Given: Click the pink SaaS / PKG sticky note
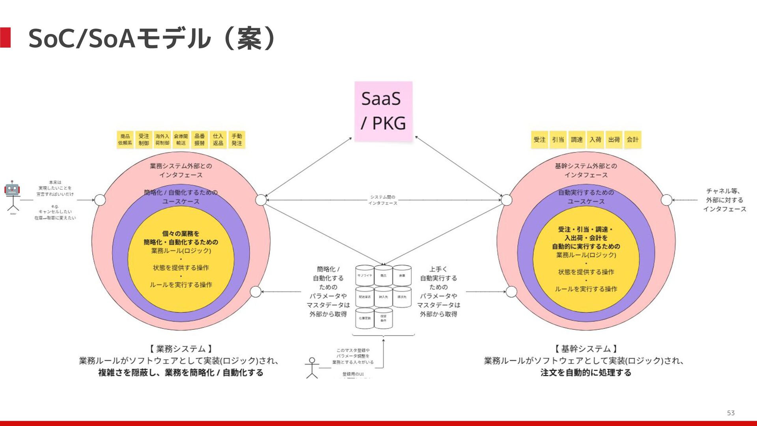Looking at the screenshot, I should [383, 111].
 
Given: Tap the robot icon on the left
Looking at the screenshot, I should [12, 190].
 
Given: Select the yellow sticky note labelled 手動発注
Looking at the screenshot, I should [237, 140].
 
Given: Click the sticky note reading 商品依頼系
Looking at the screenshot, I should [125, 140].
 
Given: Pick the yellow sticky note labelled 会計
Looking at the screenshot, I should [632, 140].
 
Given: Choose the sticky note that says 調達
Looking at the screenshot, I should [576, 140].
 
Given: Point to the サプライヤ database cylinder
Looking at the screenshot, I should [365, 275].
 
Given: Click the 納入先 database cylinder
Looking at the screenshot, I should [383, 297].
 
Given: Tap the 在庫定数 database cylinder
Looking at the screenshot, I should [365, 318].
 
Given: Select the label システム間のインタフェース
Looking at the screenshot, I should [383, 200].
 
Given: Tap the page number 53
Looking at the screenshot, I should [731, 413].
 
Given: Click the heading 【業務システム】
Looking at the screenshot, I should [181, 349].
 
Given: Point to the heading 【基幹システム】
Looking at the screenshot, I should [586, 349].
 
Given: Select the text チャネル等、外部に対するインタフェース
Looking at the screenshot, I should [724, 200].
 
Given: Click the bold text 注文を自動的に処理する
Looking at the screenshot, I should [586, 372].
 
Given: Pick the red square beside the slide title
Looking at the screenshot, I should [6, 38].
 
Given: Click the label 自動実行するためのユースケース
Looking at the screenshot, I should [586, 197].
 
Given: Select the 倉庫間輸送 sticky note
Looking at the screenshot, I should [181, 140].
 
